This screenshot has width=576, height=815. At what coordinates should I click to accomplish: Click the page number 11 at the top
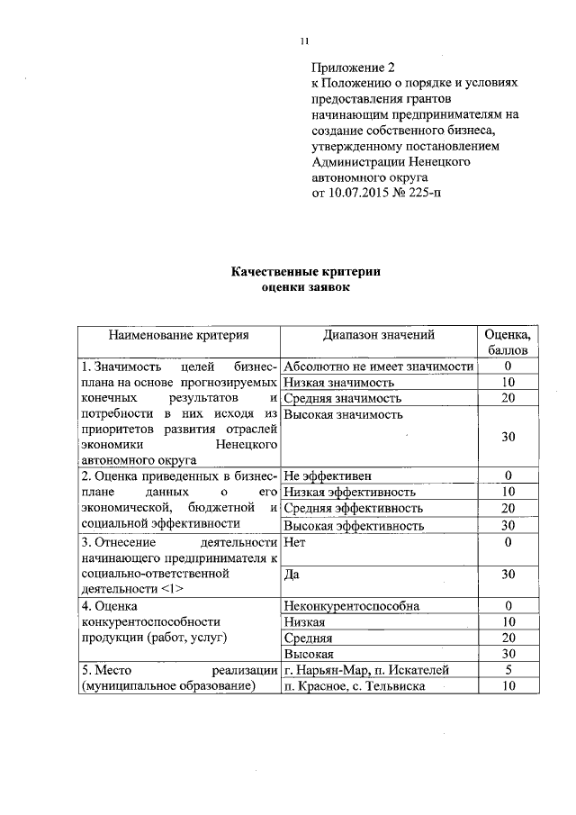click(x=304, y=40)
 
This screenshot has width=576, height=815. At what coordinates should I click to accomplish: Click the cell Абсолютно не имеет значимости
click(x=378, y=367)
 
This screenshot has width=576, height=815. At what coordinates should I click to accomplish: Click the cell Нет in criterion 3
click(x=292, y=543)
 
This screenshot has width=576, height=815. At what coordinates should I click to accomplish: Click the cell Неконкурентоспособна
click(x=351, y=606)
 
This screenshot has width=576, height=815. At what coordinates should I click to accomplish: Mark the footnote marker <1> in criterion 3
click(x=174, y=589)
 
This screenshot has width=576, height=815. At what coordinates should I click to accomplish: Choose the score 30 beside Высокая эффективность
click(x=508, y=526)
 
